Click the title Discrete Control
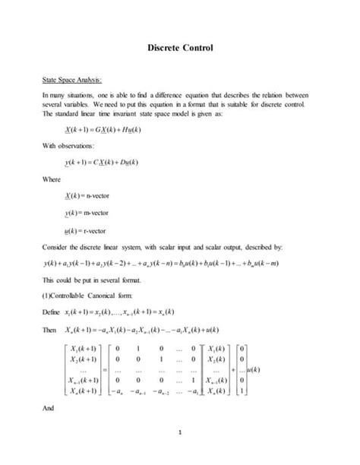[180, 48]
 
